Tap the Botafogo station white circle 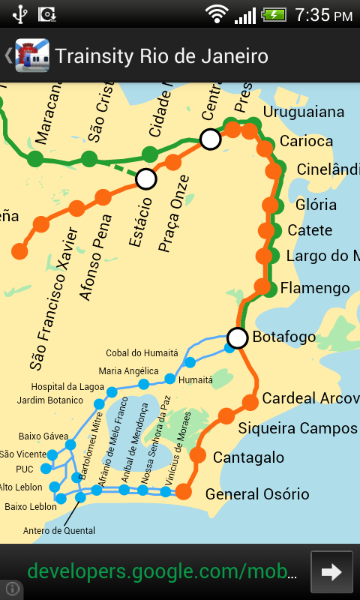238,338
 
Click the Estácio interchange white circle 145,178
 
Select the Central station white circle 211,139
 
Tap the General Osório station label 257,494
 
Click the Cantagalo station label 248,457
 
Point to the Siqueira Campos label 298,428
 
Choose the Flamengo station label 315,288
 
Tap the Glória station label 316,205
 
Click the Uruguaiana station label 304,112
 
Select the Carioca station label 306,141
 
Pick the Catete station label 310,230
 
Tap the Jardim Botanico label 49,400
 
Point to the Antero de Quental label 59,531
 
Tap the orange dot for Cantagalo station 198,454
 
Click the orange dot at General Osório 183,492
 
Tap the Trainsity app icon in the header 31,55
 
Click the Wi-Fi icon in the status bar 217,14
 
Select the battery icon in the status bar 274,14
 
